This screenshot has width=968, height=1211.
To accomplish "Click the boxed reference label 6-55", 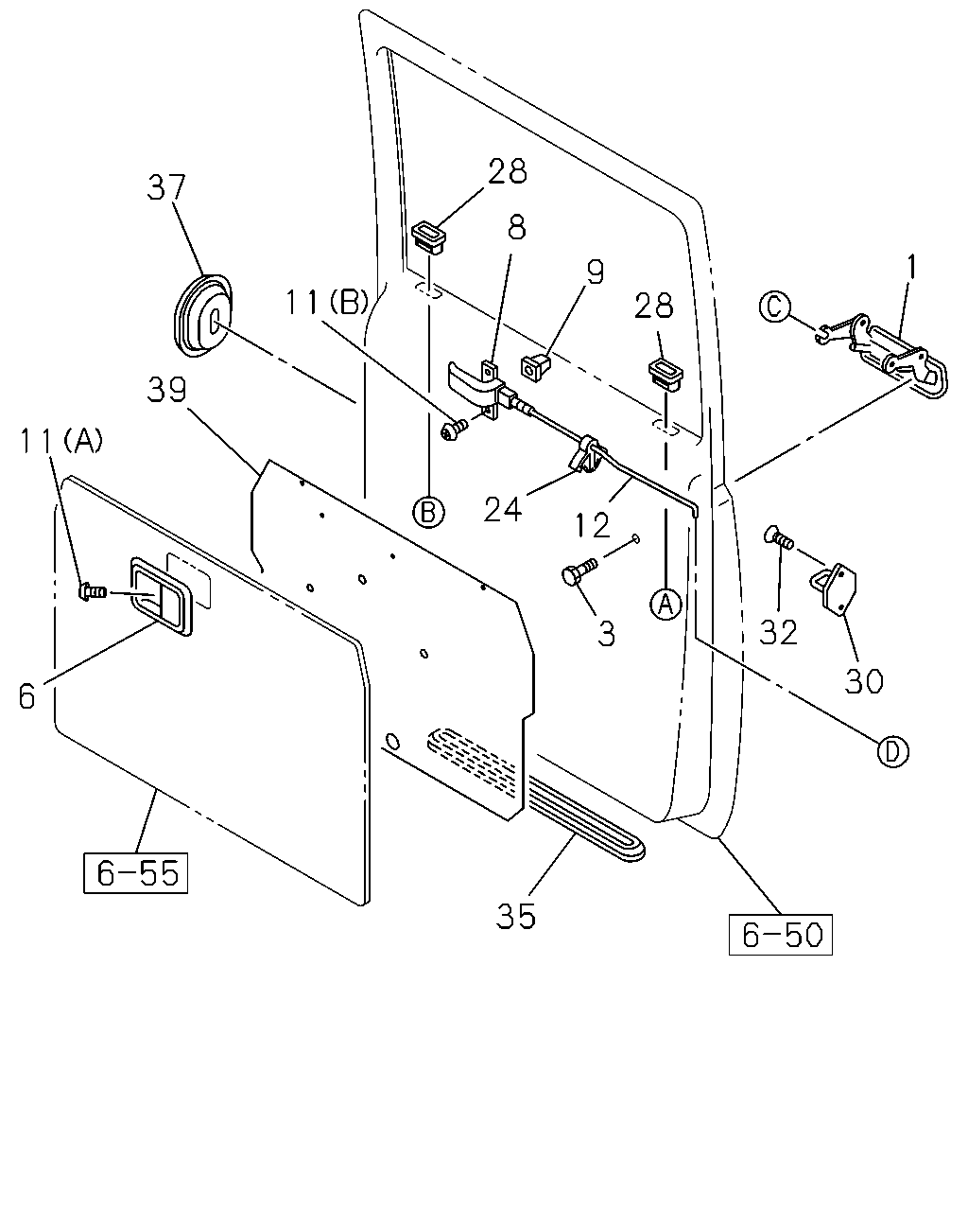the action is click(135, 873).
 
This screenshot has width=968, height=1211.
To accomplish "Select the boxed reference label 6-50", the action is click(780, 935).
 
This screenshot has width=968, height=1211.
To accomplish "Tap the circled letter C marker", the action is click(774, 307).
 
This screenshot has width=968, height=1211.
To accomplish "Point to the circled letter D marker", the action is click(892, 751).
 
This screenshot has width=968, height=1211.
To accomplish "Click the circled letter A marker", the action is click(665, 604).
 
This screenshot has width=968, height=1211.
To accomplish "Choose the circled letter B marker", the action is click(428, 512).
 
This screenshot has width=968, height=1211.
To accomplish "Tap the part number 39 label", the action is click(166, 390).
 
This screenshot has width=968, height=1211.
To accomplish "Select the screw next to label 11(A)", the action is click(92, 592).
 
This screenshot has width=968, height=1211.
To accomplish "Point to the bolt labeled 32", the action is click(779, 535).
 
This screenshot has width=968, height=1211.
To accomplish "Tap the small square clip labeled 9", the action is click(535, 367).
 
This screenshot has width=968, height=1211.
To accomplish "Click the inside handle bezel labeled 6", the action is click(162, 596).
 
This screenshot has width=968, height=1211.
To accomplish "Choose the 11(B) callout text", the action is click(327, 302).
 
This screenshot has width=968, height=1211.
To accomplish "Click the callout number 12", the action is click(593, 525).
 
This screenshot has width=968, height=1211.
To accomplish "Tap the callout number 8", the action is click(516, 227).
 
